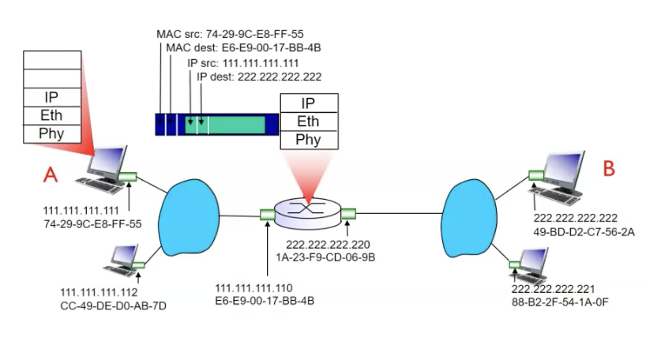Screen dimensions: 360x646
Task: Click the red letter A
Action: click(x=51, y=174)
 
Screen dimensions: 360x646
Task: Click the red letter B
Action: click(x=608, y=168)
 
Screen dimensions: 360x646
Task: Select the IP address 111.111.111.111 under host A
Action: click(x=81, y=212)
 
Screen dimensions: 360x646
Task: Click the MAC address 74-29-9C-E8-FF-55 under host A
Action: click(x=92, y=224)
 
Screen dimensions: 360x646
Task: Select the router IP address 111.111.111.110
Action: click(x=254, y=287)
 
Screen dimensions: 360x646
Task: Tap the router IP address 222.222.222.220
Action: click(x=328, y=244)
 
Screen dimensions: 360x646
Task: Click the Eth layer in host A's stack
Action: click(x=51, y=115)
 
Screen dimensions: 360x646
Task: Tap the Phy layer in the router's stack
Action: click(x=308, y=140)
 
